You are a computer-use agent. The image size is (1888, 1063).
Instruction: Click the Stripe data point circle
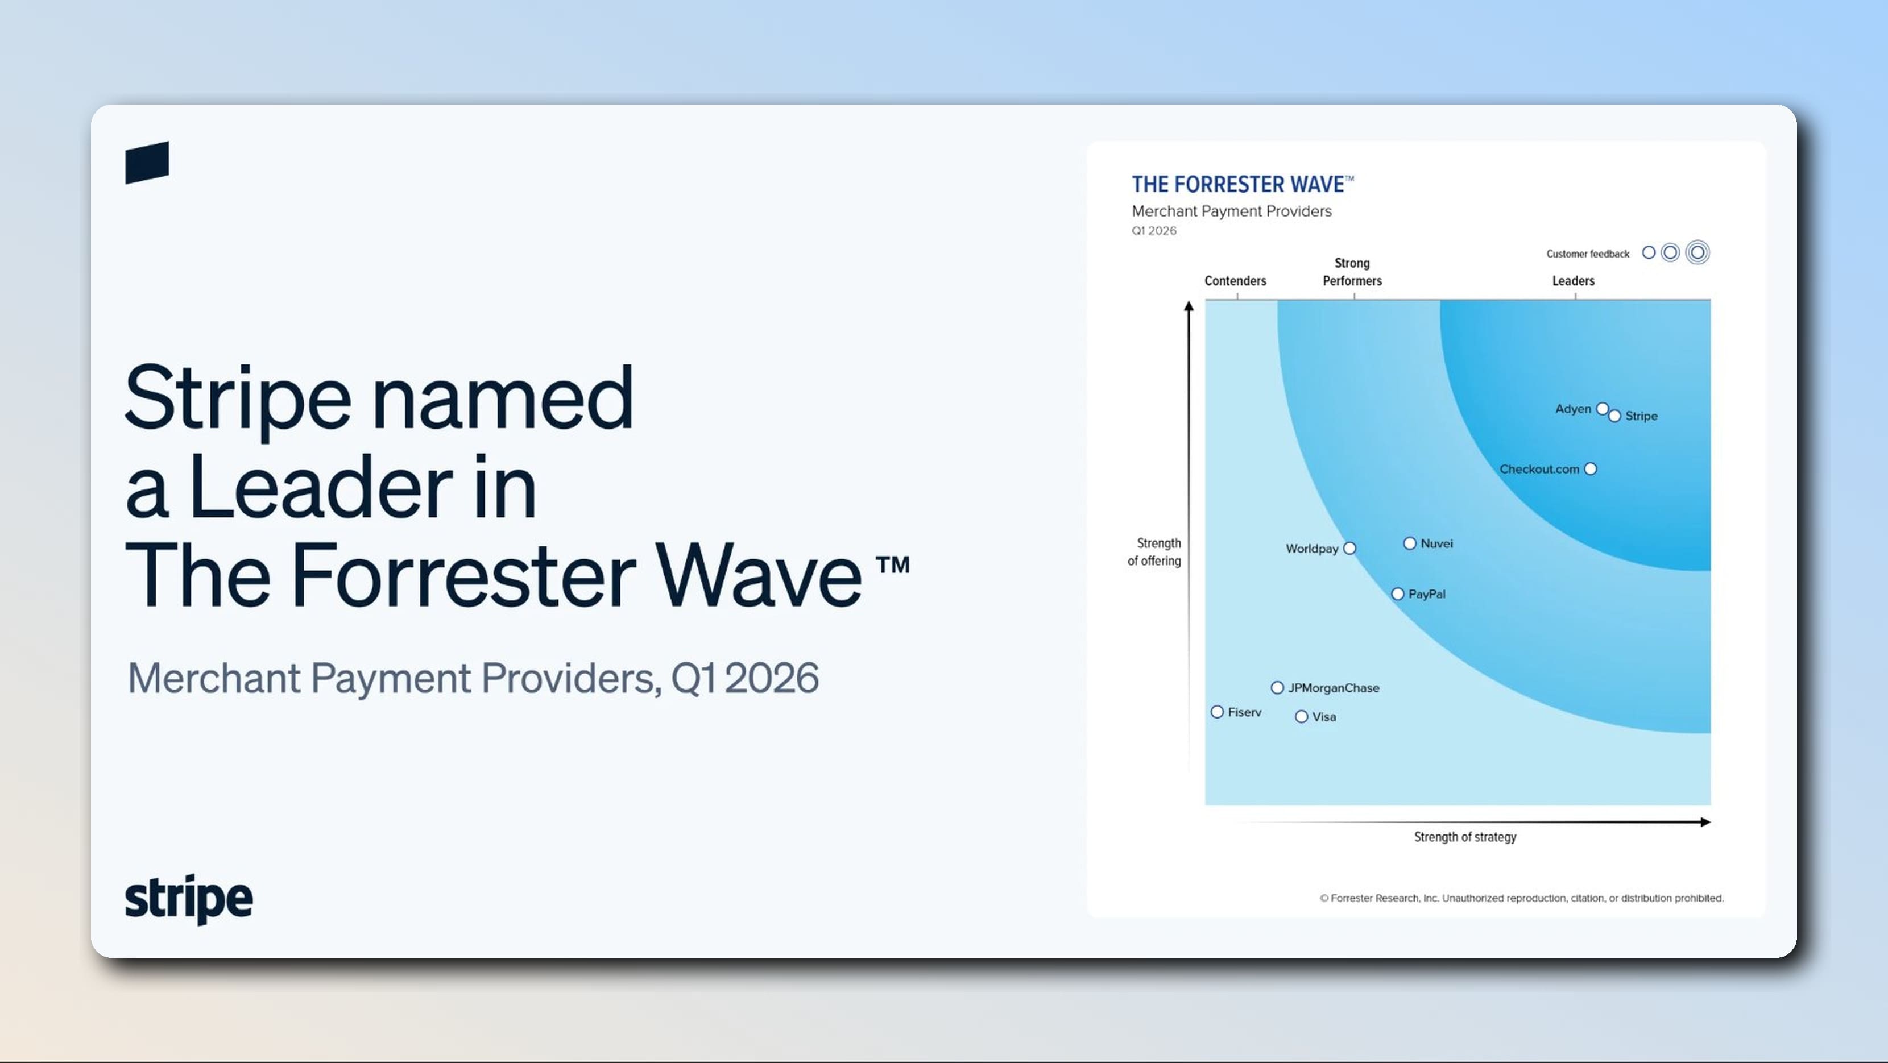pyautogui.click(x=1614, y=416)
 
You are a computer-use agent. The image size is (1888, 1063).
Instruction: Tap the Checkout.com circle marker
pyautogui.click(x=1591, y=469)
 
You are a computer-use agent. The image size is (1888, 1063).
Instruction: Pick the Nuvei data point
pyautogui.click(x=1409, y=543)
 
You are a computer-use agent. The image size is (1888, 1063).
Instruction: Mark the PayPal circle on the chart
pyautogui.click(x=1398, y=594)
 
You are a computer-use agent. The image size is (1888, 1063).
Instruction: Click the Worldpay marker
pyautogui.click(x=1349, y=549)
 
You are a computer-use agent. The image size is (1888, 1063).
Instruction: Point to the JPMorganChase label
pyautogui.click(x=1334, y=688)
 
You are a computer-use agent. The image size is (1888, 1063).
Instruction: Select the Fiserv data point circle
pyautogui.click(x=1218, y=712)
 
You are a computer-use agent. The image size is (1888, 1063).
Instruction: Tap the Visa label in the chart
pyautogui.click(x=1324, y=717)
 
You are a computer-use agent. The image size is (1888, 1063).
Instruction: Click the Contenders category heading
pyautogui.click(x=1235, y=281)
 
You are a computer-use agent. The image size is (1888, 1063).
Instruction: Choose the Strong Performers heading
pyautogui.click(x=1352, y=272)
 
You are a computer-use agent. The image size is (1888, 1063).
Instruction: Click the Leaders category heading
pyautogui.click(x=1573, y=281)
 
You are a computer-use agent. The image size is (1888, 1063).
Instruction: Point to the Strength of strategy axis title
pyautogui.click(x=1465, y=837)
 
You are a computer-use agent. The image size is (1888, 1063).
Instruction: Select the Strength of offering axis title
pyautogui.click(x=1154, y=551)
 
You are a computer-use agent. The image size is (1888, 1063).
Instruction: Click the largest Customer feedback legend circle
pyautogui.click(x=1697, y=253)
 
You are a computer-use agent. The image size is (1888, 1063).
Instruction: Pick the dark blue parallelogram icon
pyautogui.click(x=147, y=163)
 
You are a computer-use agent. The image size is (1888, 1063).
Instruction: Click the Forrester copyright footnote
pyautogui.click(x=1522, y=898)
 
